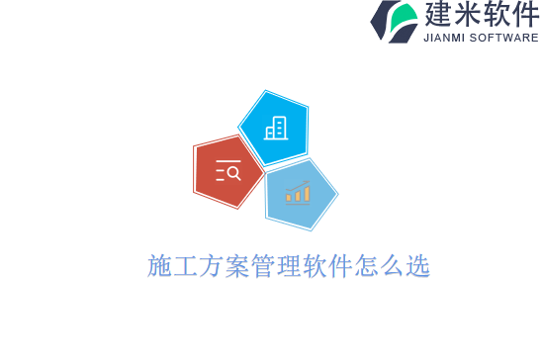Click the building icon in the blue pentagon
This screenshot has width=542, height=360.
(x=276, y=128)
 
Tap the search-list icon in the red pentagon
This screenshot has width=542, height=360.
(x=227, y=171)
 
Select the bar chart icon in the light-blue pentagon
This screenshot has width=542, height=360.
(x=298, y=193)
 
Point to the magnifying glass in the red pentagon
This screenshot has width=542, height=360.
(x=233, y=174)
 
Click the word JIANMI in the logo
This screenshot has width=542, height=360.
(x=441, y=38)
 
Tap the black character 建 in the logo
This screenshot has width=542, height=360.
(x=438, y=15)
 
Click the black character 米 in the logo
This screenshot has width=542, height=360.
(x=469, y=15)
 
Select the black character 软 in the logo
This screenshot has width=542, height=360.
(x=497, y=15)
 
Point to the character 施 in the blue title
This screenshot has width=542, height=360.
(x=159, y=266)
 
